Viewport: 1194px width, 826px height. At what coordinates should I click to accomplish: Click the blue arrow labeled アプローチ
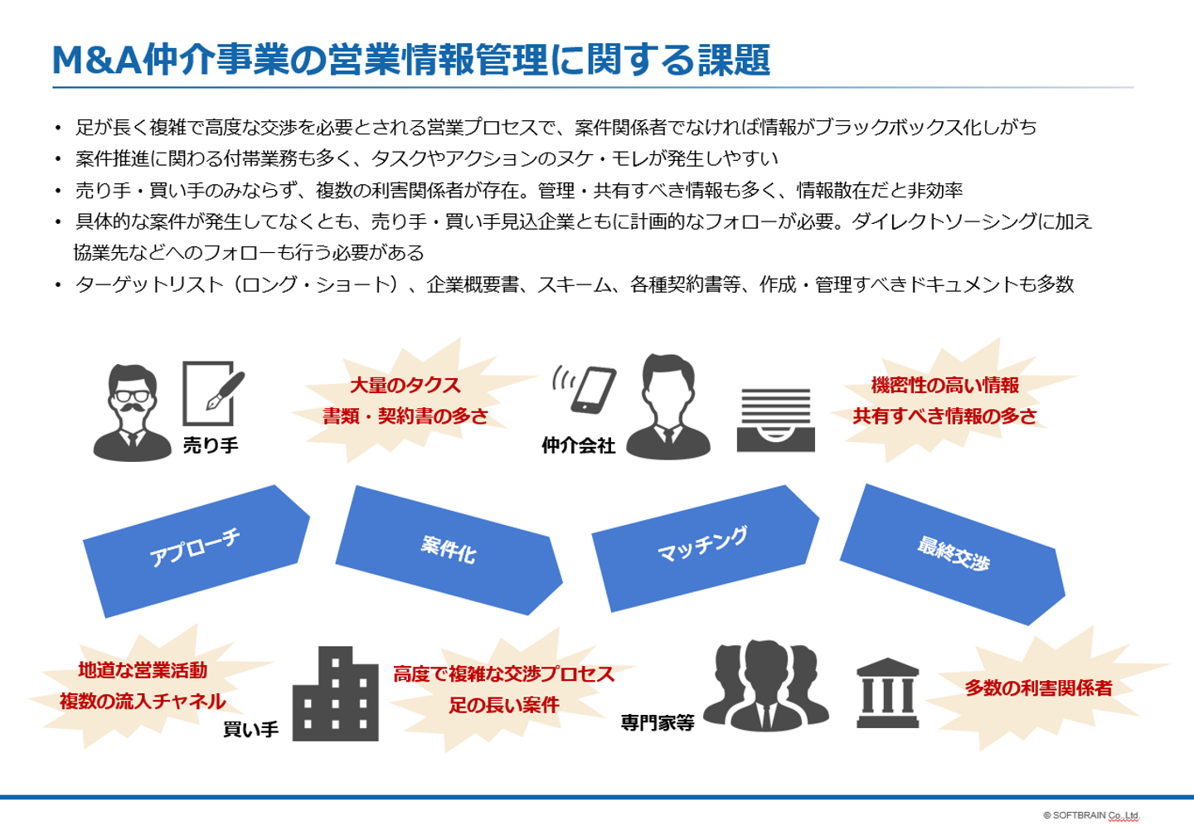click(197, 551)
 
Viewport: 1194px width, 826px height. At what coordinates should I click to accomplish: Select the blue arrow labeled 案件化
click(449, 551)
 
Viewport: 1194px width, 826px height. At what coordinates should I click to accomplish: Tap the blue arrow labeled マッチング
click(705, 549)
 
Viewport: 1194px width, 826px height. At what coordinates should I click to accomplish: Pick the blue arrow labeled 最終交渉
click(953, 555)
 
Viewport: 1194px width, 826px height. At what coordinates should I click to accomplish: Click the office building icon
click(335, 694)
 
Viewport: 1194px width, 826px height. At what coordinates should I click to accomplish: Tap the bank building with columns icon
click(887, 692)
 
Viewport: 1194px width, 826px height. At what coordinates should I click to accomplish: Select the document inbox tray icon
click(776, 420)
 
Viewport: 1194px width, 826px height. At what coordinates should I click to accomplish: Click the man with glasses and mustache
click(132, 412)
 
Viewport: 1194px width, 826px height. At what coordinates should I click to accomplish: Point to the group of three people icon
click(766, 686)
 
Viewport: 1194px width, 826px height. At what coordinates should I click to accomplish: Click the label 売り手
click(211, 445)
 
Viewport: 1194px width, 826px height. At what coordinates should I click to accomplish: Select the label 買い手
click(250, 729)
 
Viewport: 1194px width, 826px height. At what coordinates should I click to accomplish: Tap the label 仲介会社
click(579, 445)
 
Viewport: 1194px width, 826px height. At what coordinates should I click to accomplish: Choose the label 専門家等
click(658, 722)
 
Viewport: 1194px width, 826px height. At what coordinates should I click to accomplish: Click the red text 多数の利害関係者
click(1038, 688)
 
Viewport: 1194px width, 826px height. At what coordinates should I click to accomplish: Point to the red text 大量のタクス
click(405, 385)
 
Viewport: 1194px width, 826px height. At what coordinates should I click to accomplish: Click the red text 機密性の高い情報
click(945, 385)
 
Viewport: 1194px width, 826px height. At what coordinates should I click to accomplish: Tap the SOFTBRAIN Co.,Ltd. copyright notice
click(1091, 815)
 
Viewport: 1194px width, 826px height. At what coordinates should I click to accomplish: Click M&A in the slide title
click(96, 60)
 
